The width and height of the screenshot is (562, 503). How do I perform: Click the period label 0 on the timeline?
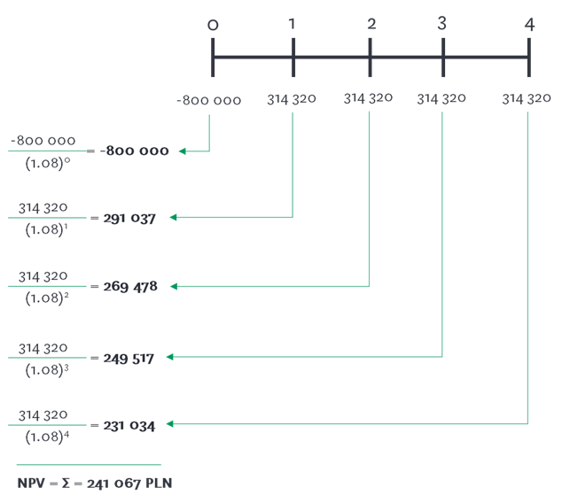(213, 25)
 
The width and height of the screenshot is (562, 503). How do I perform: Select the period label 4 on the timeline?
(529, 25)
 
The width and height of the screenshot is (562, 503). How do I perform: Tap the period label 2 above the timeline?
(371, 24)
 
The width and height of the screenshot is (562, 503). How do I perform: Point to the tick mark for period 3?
(442, 58)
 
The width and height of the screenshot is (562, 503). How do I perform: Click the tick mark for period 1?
(293, 58)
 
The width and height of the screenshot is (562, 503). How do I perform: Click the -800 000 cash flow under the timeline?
(208, 100)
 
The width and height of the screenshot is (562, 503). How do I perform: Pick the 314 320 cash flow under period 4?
(527, 99)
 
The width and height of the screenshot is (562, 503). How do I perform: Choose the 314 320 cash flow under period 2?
(368, 98)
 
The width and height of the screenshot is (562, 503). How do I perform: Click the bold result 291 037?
(129, 218)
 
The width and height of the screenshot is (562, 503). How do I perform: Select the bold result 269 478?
(130, 288)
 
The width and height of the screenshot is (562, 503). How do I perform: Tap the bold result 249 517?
(129, 358)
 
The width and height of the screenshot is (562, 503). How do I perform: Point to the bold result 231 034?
(129, 426)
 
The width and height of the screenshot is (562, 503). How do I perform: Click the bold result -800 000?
(134, 151)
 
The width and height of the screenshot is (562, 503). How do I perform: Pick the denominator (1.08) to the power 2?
(45, 298)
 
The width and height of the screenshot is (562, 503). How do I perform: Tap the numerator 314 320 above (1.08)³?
(43, 348)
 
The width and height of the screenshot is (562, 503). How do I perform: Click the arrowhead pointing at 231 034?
(170, 424)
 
